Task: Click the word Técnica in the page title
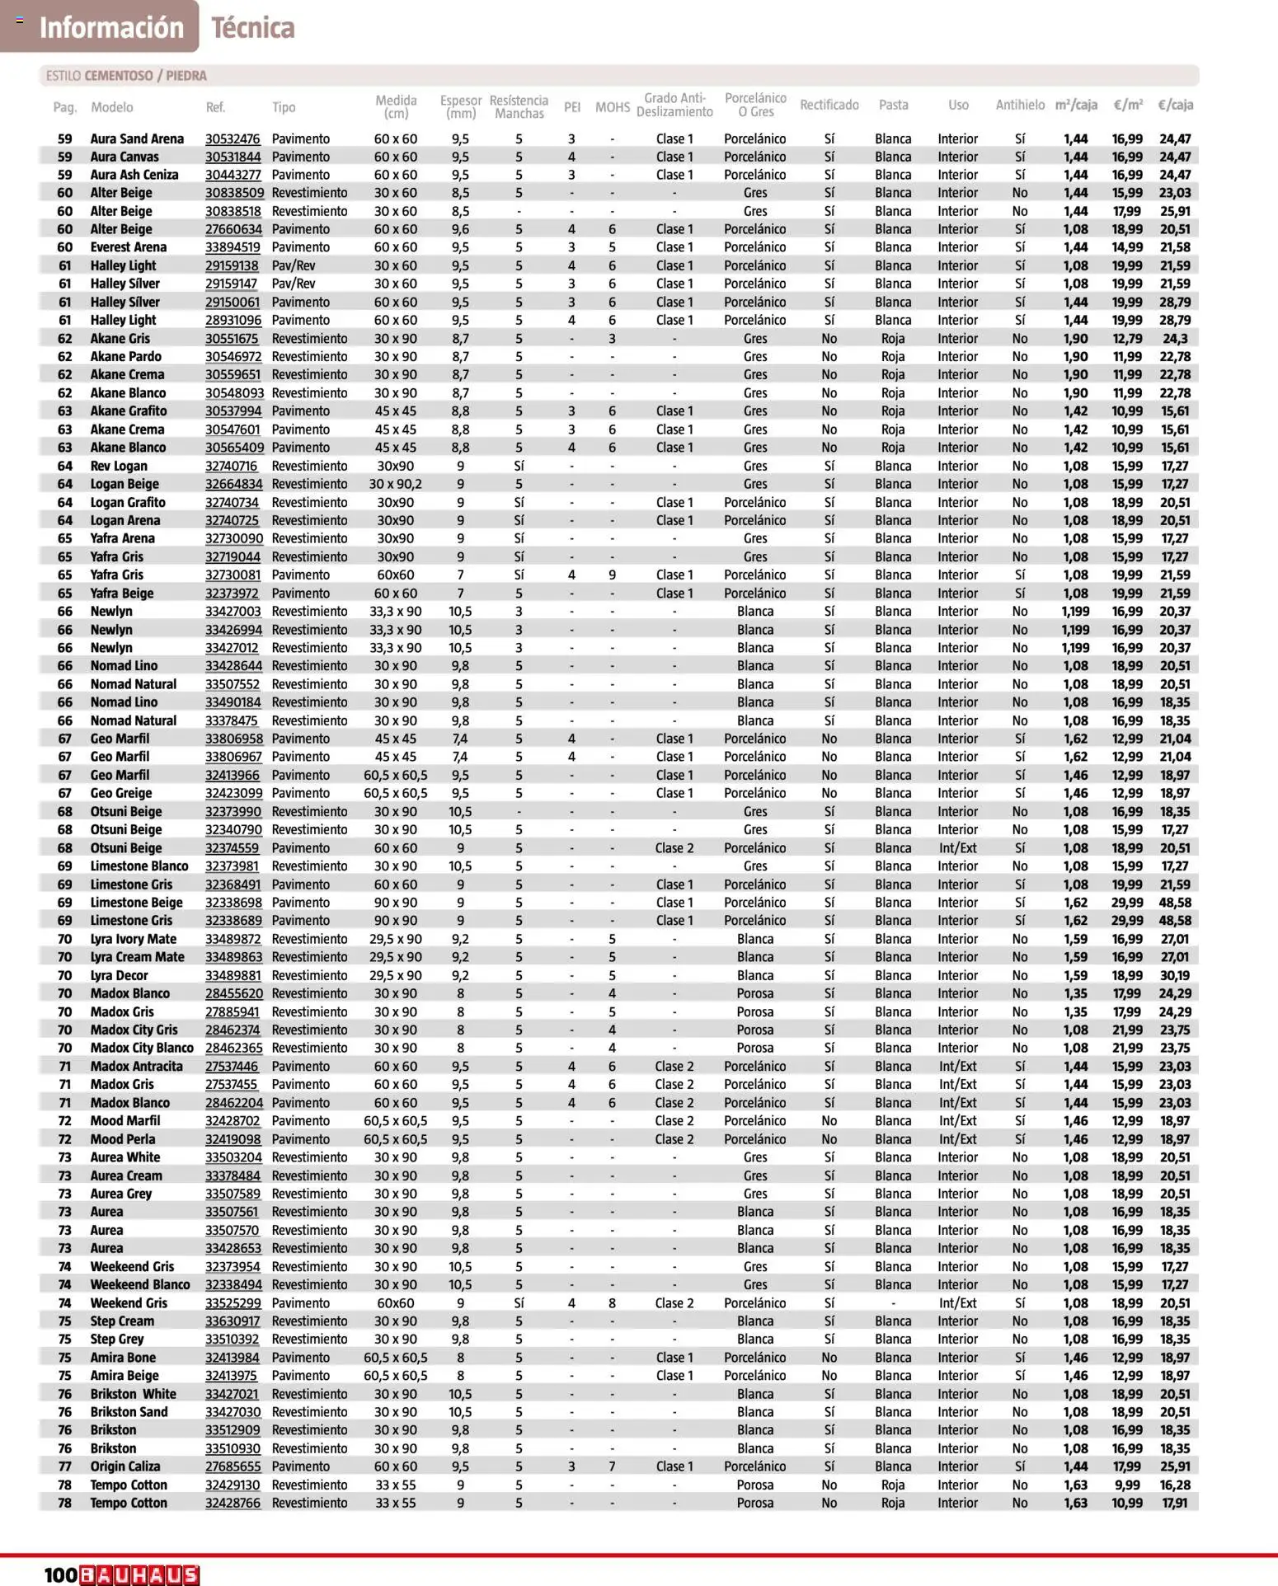click(x=252, y=27)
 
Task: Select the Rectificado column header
click(x=829, y=105)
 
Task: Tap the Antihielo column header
click(x=1019, y=105)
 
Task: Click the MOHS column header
click(x=612, y=107)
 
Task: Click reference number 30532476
click(x=233, y=138)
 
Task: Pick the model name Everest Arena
click(x=128, y=247)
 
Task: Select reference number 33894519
click(x=233, y=247)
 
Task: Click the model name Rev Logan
click(x=119, y=466)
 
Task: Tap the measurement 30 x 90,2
click(x=395, y=484)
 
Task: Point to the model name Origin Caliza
click(x=125, y=1466)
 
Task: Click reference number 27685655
click(x=233, y=1466)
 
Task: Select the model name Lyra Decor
click(x=119, y=975)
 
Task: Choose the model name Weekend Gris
click(x=129, y=1303)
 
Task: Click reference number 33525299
click(x=233, y=1303)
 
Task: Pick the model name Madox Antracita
click(x=136, y=1066)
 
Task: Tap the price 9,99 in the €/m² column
click(x=1127, y=1485)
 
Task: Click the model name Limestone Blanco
click(x=139, y=866)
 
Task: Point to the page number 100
click(x=61, y=1574)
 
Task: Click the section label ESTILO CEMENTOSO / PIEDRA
click(x=126, y=76)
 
